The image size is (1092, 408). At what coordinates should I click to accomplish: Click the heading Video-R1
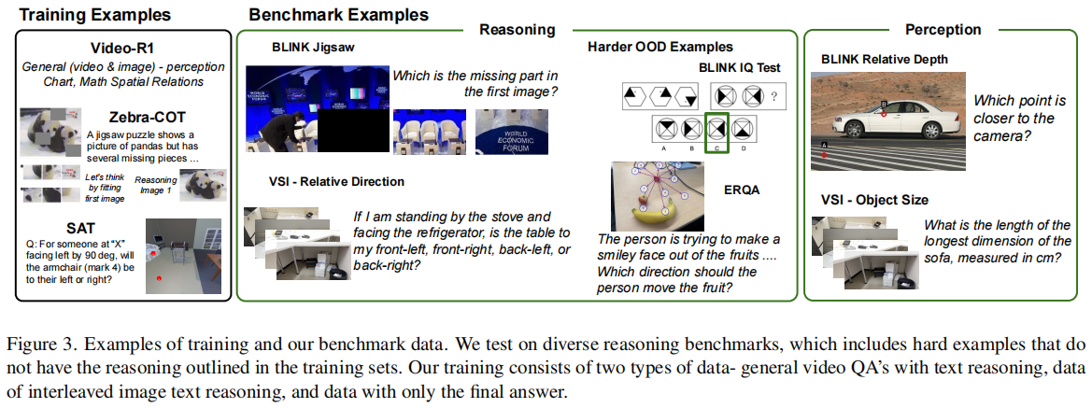[x=123, y=48]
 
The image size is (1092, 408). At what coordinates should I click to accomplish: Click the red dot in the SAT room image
[x=160, y=278]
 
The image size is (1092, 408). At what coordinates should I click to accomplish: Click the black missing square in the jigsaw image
[x=351, y=130]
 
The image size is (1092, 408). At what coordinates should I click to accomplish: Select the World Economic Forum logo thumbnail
[x=510, y=131]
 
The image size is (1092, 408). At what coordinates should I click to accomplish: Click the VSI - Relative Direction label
[x=336, y=182]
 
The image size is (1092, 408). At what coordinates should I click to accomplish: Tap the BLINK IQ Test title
[x=740, y=67]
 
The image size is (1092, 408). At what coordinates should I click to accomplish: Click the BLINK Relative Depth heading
[x=885, y=59]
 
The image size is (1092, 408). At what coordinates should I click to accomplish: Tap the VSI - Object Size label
[x=874, y=200]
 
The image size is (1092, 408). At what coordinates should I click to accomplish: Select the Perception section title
[x=943, y=29]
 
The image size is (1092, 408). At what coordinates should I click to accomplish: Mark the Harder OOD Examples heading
[x=660, y=48]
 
